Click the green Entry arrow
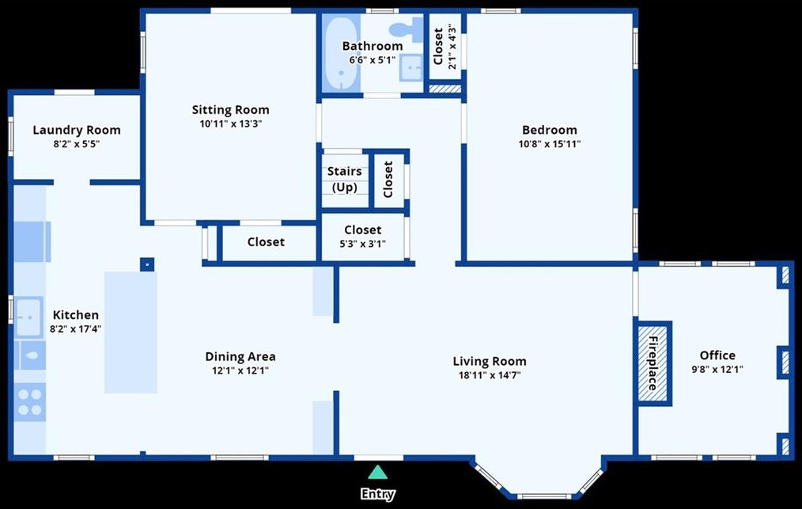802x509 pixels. pyautogui.click(x=377, y=472)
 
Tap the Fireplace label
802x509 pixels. pyautogui.click(x=653, y=363)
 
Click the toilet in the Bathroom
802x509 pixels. pyautogui.click(x=407, y=30)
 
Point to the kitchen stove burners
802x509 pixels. pyautogui.click(x=29, y=402)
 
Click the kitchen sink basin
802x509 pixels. pyautogui.click(x=28, y=317)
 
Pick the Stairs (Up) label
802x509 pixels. pyautogui.click(x=344, y=179)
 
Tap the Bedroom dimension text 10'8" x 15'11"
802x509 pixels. pyautogui.click(x=550, y=144)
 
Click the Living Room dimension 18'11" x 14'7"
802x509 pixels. pyautogui.click(x=490, y=375)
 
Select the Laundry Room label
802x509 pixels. pyautogui.click(x=77, y=130)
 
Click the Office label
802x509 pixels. pyautogui.click(x=717, y=355)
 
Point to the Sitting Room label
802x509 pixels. pyautogui.click(x=231, y=109)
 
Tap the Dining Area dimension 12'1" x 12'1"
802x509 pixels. pyautogui.click(x=240, y=370)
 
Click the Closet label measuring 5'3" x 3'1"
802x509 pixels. pyautogui.click(x=362, y=230)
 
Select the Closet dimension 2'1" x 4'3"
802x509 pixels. pyautogui.click(x=452, y=46)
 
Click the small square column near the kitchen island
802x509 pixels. pyautogui.click(x=147, y=264)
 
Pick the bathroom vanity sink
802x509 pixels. pyautogui.click(x=411, y=67)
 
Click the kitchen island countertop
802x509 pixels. pyautogui.click(x=131, y=332)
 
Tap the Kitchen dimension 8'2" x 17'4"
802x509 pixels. pyautogui.click(x=76, y=329)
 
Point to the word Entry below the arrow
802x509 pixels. pyautogui.click(x=377, y=494)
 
